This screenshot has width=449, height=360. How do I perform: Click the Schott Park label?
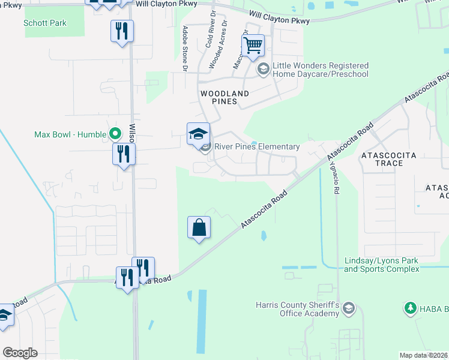[x=45, y=23]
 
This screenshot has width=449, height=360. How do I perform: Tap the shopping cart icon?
[x=253, y=46]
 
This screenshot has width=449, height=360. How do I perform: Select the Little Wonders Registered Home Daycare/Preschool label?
[x=320, y=70]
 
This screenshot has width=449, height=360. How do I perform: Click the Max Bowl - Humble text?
[x=70, y=133]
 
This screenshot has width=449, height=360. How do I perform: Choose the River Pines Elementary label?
[x=257, y=147]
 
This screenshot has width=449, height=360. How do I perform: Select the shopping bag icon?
[x=199, y=228]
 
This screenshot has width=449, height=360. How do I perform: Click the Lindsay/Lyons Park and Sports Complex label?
[x=381, y=265]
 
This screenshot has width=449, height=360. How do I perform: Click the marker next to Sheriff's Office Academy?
[x=350, y=309]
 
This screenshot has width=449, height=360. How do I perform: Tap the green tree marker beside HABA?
[x=411, y=308]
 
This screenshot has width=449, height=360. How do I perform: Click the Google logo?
[x=20, y=353]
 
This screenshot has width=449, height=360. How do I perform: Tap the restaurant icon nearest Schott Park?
[x=122, y=31]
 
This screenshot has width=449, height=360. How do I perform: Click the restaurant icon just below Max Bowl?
[x=124, y=154]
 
